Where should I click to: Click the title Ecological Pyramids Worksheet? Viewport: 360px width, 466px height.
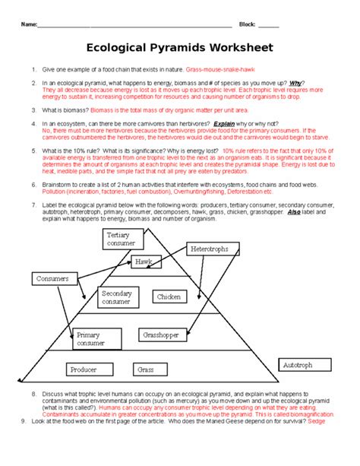[x=180, y=48]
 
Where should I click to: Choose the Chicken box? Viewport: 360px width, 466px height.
[x=168, y=296]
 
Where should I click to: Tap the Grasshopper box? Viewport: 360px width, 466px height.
[x=160, y=334]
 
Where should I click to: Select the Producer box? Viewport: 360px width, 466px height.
[x=84, y=369]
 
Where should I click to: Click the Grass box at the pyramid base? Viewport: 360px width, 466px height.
[x=146, y=369]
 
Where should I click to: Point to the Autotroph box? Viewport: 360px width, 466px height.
[x=298, y=365]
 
